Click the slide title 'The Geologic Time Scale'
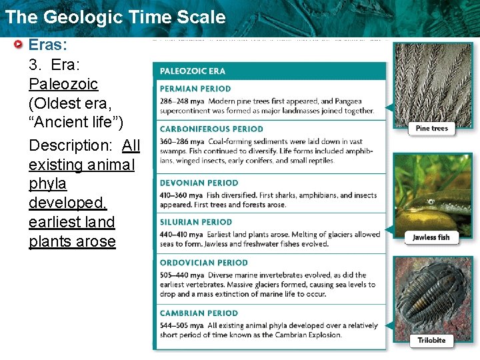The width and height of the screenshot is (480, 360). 115,17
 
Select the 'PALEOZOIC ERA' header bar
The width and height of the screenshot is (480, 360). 270,71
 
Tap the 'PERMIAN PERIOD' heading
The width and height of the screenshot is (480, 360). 195,89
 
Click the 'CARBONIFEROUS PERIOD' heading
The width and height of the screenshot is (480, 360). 211,129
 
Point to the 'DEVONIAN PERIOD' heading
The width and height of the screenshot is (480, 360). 199,183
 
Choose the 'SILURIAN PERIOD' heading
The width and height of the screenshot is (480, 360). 196,222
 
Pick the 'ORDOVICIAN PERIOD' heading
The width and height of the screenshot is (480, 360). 203,263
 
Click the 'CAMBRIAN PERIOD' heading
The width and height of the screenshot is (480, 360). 199,313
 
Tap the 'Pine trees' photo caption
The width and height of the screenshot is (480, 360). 431,128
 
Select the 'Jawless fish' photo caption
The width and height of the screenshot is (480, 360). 431,237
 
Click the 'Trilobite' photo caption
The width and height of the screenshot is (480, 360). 431,340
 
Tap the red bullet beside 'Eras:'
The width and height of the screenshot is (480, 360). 19,45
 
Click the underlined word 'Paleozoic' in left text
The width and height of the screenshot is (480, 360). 63,84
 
